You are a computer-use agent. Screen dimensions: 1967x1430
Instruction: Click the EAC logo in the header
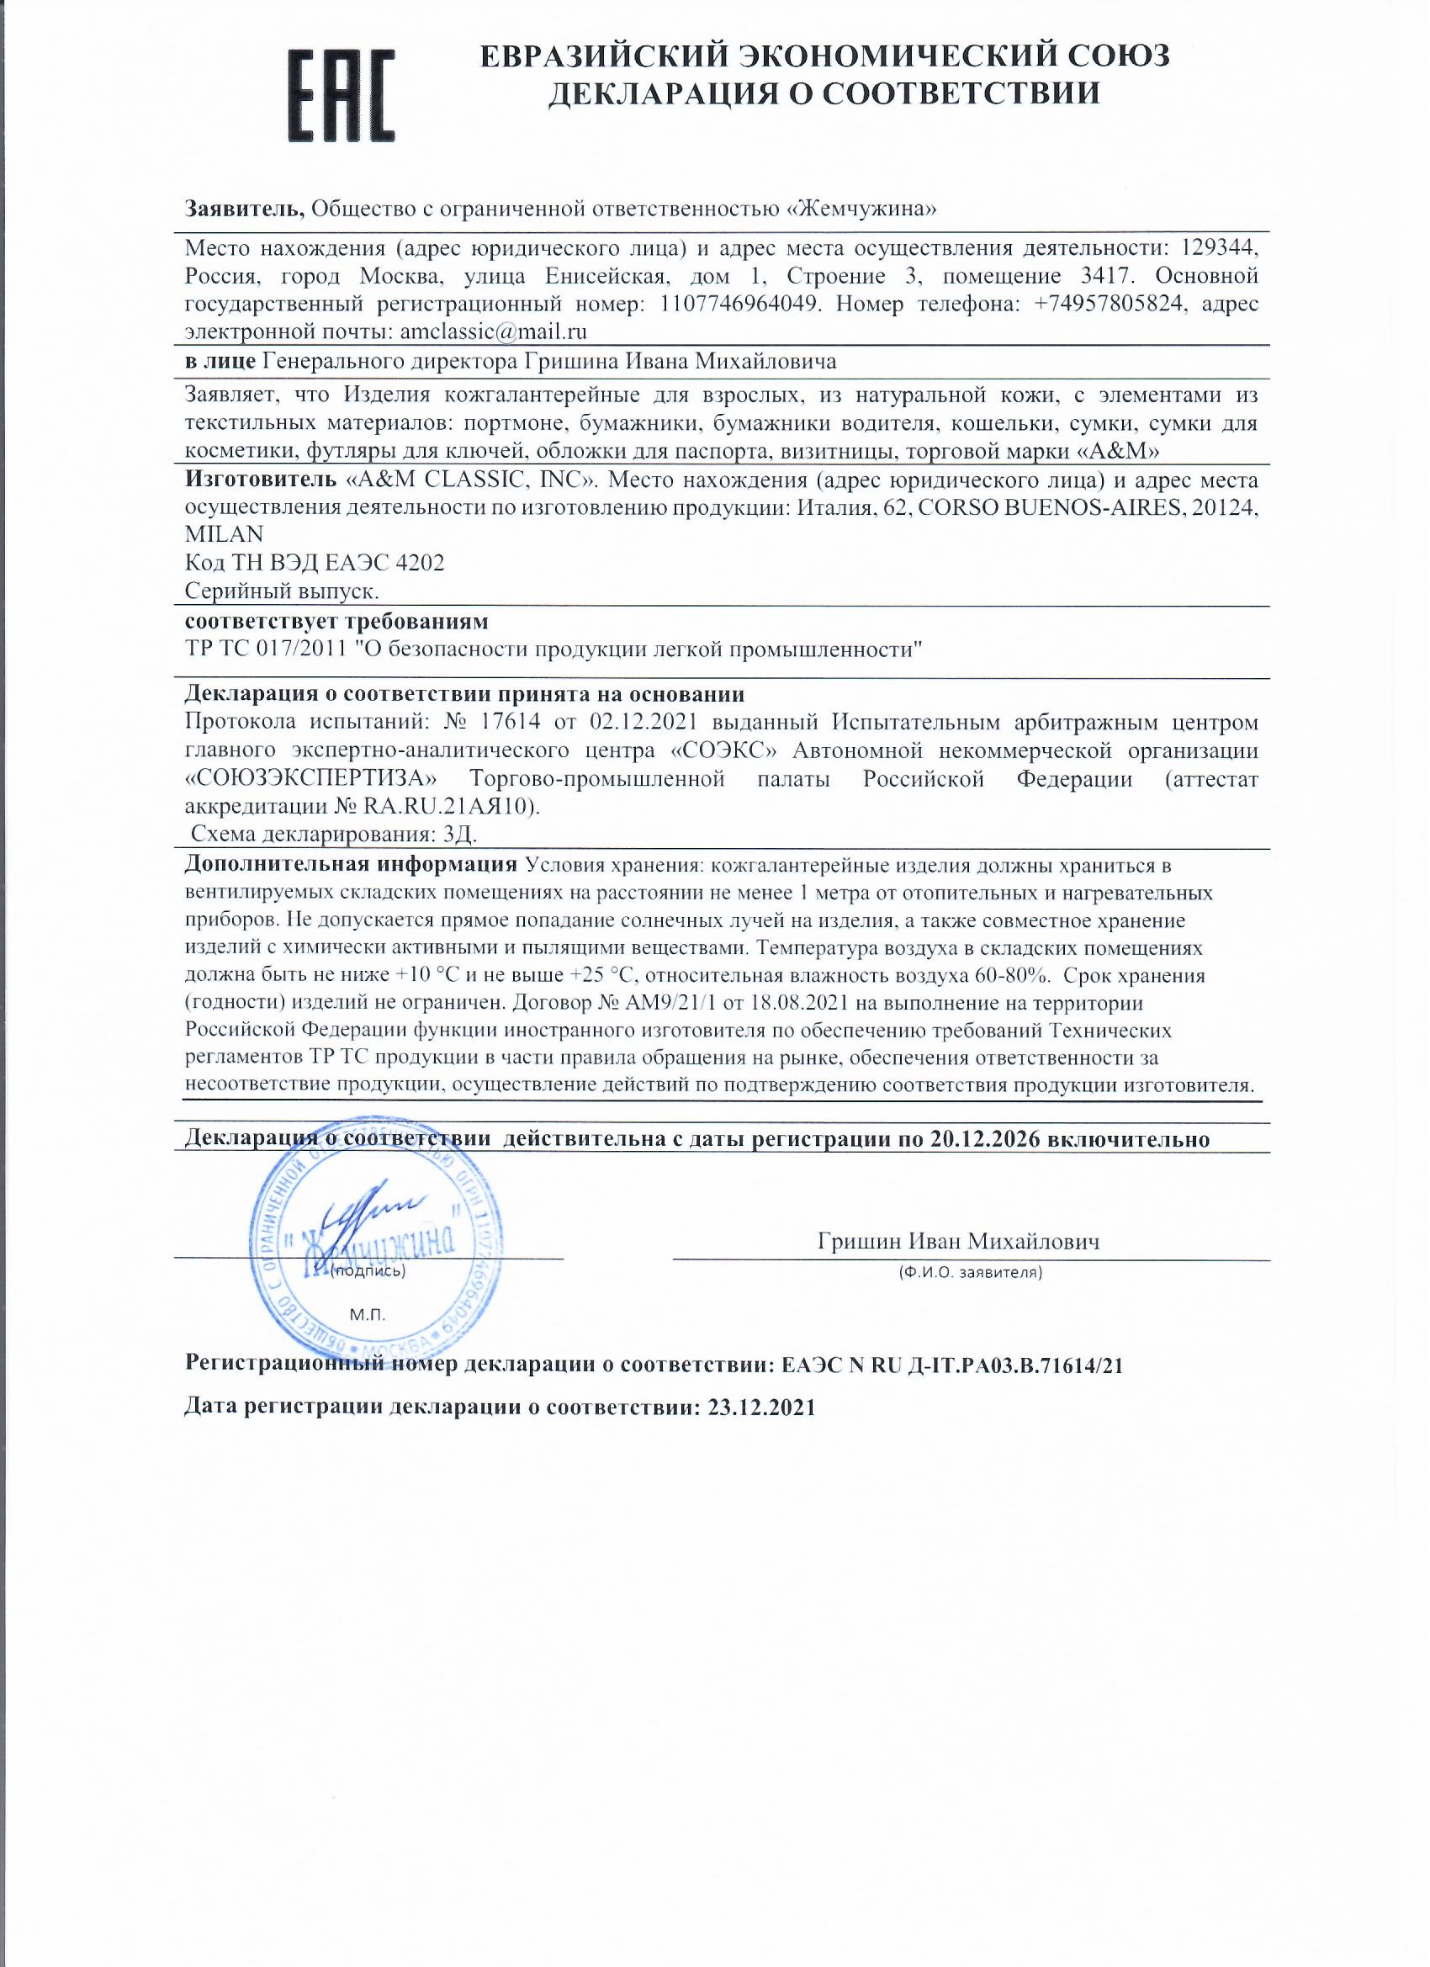tap(341, 95)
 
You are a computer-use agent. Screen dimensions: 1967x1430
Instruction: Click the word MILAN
tap(225, 535)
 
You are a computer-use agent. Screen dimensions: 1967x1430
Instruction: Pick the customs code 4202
tap(420, 564)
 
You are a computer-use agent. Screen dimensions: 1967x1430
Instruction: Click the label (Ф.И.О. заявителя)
tap(971, 1273)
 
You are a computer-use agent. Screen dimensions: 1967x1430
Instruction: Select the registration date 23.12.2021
tap(761, 1408)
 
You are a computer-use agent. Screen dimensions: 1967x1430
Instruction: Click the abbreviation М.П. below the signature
tap(367, 1315)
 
